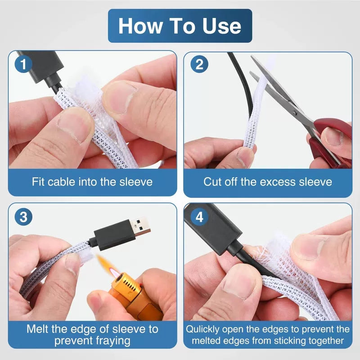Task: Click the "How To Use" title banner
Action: (180, 26)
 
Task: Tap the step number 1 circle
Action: (23, 64)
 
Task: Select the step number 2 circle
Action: (199, 64)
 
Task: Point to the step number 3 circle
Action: (23, 217)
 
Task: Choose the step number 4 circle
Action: (199, 217)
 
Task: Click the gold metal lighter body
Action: (133, 296)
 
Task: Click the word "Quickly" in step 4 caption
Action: (203, 329)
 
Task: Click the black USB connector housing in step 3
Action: (113, 235)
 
